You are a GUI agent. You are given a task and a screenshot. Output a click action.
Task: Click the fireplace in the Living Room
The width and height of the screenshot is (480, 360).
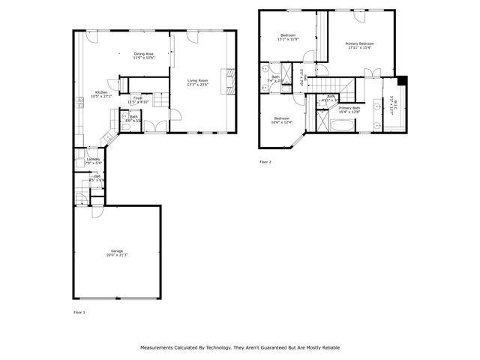(231, 78)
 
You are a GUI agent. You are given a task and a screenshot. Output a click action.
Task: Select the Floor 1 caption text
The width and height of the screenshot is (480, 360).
(79, 311)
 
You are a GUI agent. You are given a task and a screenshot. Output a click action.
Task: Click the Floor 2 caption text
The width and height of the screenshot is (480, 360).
(265, 162)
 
